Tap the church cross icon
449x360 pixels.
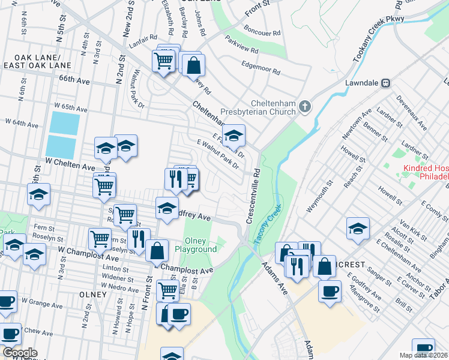[x=305, y=107]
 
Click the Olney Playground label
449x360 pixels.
[x=199, y=245]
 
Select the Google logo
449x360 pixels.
[x=19, y=353]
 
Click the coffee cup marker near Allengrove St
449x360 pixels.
[x=328, y=292]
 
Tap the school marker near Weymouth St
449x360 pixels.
[x=358, y=229]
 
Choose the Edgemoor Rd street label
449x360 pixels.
[x=260, y=68]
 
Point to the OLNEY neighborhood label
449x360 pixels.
[x=92, y=295]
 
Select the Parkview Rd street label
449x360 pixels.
[x=242, y=48]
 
